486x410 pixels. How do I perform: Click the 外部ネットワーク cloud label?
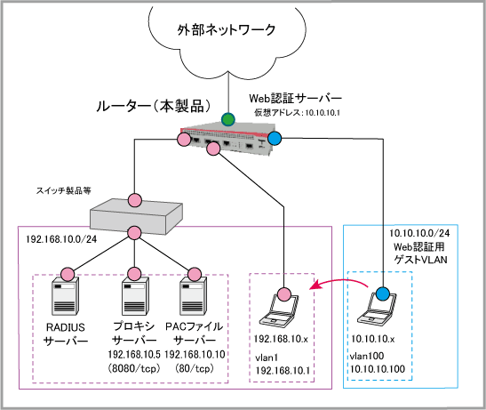(x=227, y=30)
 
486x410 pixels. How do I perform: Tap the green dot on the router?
(x=228, y=119)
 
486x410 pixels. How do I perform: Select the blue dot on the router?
(x=275, y=138)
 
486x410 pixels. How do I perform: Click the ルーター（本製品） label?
(x=154, y=106)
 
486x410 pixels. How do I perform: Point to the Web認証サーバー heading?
(x=295, y=98)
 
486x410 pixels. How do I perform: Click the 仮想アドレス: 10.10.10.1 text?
(x=297, y=113)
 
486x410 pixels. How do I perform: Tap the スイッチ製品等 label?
(x=64, y=190)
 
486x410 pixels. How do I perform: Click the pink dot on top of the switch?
(x=135, y=200)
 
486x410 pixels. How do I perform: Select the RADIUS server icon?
(x=66, y=296)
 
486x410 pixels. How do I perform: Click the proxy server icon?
(x=134, y=296)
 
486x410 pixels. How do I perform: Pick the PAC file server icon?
(x=194, y=296)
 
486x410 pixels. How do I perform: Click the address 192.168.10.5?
(x=134, y=354)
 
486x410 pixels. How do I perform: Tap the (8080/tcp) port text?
(x=134, y=368)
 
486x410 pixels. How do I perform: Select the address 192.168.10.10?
(x=195, y=354)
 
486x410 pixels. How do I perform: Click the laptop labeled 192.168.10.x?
(x=279, y=310)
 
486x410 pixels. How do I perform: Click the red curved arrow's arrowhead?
(x=315, y=285)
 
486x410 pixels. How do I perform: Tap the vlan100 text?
(x=367, y=356)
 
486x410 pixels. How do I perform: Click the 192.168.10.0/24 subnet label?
(x=61, y=239)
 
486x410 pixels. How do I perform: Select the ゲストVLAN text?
(x=420, y=260)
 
